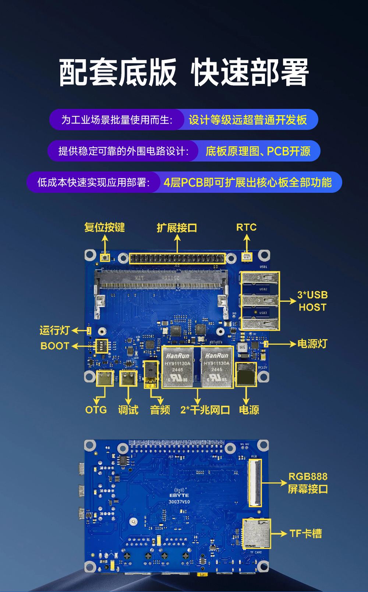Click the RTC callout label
pos(246,227)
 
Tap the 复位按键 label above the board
pos(105,227)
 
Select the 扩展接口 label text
pos(177,228)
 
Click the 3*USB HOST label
pos(312,301)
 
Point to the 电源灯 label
pos(312,344)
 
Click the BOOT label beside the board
pos(55,346)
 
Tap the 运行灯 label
pos(54,330)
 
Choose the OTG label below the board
pos(96,410)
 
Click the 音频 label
pos(160,410)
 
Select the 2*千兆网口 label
pos(205,410)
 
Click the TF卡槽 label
pos(305,533)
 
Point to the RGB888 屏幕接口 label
pos(308,483)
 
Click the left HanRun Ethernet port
pos(178,367)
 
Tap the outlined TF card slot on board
pos(256,533)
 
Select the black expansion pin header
pos(177,258)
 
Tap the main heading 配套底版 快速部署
pos(184,72)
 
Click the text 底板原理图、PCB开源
pos(258,151)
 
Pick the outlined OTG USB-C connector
pos(105,378)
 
